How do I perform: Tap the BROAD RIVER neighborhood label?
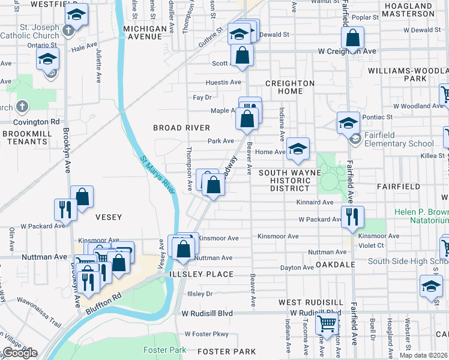(181, 128)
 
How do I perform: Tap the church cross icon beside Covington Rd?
(22, 107)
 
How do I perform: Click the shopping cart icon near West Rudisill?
(327, 323)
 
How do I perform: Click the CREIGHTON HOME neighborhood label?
(290, 88)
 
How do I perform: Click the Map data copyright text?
(424, 355)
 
